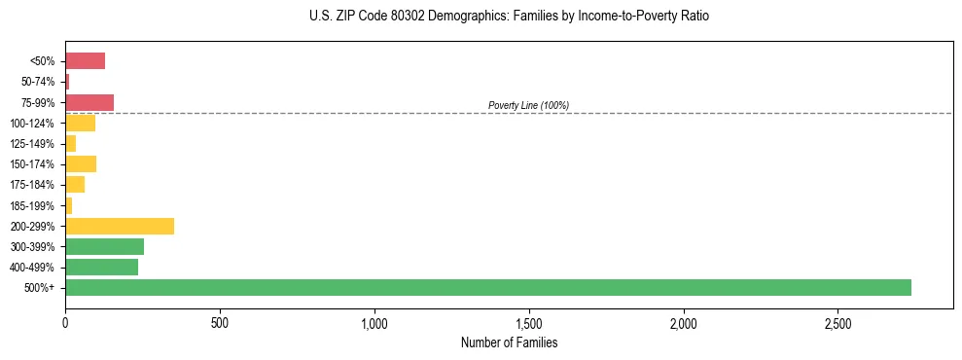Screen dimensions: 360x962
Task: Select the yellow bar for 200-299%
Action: pos(120,226)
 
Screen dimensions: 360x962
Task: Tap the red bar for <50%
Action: pos(86,61)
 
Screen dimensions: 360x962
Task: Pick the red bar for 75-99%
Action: pos(89,102)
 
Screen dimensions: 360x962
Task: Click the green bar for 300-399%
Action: pos(105,246)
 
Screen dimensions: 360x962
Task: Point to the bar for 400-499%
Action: pos(102,267)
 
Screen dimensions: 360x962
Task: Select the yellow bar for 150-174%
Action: pos(81,163)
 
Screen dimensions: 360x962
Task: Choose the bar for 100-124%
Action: pos(81,123)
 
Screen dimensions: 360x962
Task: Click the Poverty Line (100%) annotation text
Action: pos(528,105)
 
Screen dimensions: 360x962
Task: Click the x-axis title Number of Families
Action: pos(509,342)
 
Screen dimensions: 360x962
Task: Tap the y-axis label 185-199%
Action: pos(32,205)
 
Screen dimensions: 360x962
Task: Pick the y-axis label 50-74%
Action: pos(38,82)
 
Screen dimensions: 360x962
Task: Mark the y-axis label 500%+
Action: pos(42,288)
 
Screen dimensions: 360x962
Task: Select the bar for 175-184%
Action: pos(75,185)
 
